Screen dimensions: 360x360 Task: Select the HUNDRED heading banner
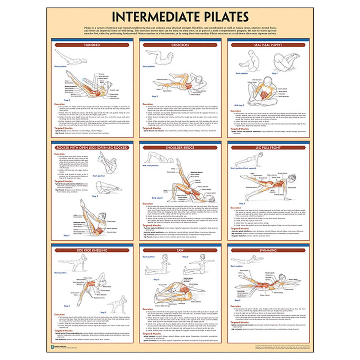[x=92, y=45]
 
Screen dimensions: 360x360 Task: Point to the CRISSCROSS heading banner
[x=180, y=45]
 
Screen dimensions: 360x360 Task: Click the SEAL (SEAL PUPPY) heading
[x=268, y=45]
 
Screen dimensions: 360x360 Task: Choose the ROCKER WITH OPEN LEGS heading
[x=92, y=148]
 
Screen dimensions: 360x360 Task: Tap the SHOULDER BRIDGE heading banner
[x=180, y=148]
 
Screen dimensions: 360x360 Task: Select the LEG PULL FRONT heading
[x=268, y=148]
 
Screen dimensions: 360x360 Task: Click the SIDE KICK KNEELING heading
[x=92, y=250]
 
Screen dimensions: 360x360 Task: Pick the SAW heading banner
[x=180, y=250]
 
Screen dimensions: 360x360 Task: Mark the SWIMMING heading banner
[x=268, y=250]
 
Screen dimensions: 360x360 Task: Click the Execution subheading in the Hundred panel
[x=59, y=104]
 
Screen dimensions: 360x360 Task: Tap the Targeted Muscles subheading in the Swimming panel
[x=240, y=322]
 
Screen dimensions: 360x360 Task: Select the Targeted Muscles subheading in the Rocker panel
[x=63, y=181]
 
